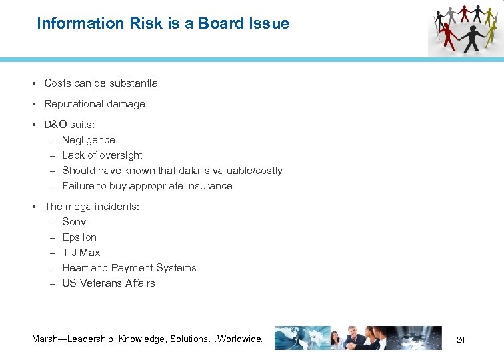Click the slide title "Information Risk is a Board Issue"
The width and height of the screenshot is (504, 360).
point(163,24)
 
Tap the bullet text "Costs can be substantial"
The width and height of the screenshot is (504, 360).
point(102,83)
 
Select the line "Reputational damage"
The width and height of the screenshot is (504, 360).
point(94,104)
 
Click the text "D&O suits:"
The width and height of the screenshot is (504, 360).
point(69,125)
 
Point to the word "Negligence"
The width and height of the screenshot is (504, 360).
point(88,140)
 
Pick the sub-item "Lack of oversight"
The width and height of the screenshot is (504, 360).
point(102,155)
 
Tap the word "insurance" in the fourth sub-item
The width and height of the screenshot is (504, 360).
point(210,186)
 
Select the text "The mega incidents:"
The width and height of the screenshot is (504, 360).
point(91,207)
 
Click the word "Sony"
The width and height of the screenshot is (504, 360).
point(73,222)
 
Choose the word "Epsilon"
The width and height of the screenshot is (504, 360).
point(79,237)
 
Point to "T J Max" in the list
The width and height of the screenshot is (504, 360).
point(81,253)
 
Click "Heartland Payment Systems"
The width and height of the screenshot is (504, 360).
point(129,268)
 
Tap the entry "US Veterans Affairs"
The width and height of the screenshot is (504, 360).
point(108,283)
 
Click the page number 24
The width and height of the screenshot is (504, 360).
point(460,340)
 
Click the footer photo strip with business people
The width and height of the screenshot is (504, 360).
point(358,338)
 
